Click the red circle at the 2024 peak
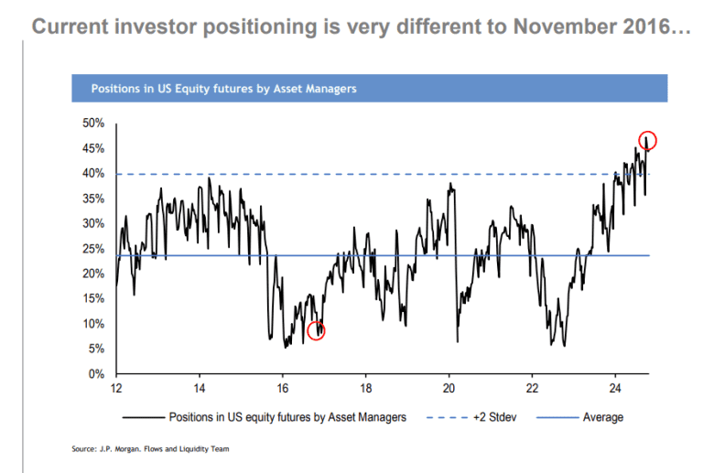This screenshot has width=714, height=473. point(647,140)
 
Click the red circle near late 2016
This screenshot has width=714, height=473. point(316,331)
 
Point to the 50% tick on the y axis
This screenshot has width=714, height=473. point(95,124)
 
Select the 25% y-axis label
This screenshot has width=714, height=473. point(95,249)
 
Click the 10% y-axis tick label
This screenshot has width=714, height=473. point(95,324)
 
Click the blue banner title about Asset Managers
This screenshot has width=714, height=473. point(223,90)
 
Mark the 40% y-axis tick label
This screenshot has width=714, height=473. point(95,174)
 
